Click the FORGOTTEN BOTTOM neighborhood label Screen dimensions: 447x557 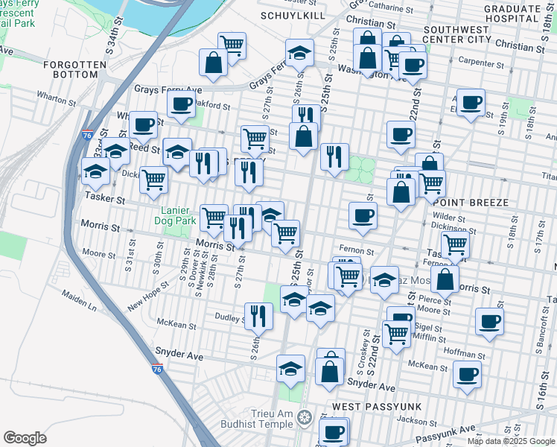click(x=75, y=70)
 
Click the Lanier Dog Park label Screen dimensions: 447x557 click(x=174, y=215)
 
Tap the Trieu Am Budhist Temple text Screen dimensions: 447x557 click(x=253, y=422)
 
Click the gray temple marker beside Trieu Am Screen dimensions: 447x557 click(x=303, y=416)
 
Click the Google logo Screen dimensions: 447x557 click(x=25, y=438)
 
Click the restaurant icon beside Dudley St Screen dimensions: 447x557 click(x=258, y=315)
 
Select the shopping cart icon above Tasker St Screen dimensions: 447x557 click(x=153, y=180)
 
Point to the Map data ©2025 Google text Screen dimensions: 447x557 click(x=510, y=440)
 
